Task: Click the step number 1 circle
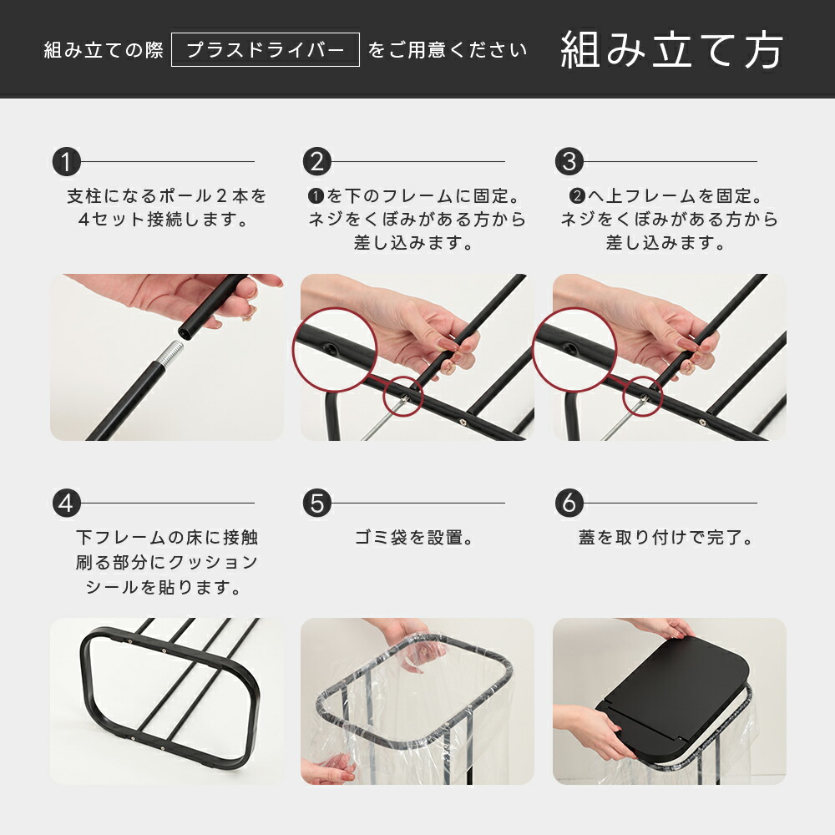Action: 66,161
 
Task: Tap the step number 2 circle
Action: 316,161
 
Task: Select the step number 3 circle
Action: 569,161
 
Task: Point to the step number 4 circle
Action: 66,504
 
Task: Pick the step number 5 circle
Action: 316,504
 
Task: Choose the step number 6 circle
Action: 569,504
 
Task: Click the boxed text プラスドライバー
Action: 265,50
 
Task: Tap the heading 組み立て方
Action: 671,50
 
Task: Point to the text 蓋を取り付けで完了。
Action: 666,538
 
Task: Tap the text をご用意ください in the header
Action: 448,50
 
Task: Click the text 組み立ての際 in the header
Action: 104,50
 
